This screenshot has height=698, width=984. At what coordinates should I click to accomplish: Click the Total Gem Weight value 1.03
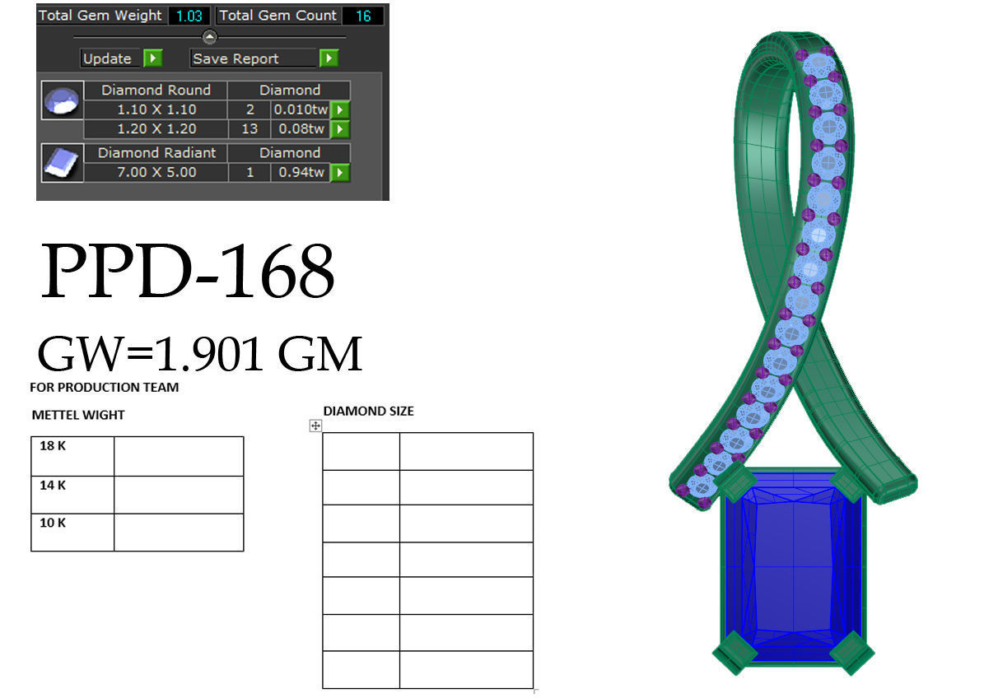tap(189, 16)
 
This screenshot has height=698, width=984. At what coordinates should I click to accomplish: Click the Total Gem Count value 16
tap(362, 16)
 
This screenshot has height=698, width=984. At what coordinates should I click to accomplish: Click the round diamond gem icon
tap(63, 100)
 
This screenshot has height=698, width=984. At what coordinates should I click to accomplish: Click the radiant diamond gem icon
tap(63, 163)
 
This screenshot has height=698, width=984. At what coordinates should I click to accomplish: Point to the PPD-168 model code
tap(187, 272)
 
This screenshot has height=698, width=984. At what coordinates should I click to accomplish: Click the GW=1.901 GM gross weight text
tap(200, 354)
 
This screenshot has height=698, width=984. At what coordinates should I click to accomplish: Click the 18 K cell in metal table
tap(72, 455)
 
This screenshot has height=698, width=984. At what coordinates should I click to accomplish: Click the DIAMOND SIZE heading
tap(368, 411)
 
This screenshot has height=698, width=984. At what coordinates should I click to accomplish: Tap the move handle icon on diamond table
tap(315, 426)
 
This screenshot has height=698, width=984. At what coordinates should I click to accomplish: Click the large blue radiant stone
tap(792, 568)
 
